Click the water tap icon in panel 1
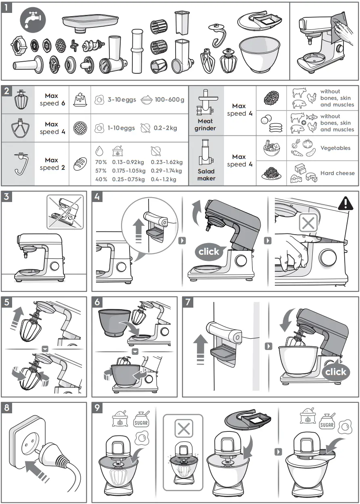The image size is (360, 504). (33, 19)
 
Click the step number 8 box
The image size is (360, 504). (7, 408)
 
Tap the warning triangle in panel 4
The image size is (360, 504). (345, 203)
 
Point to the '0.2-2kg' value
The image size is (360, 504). (165, 128)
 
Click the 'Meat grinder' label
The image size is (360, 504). (205, 125)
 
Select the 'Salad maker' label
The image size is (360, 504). (206, 175)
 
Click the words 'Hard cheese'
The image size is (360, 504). (337, 173)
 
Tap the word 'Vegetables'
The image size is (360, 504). (335, 148)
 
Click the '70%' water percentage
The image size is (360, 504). (101, 162)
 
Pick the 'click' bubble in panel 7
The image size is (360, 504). (336, 372)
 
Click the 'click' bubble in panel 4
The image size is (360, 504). (209, 252)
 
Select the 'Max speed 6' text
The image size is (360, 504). (52, 100)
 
